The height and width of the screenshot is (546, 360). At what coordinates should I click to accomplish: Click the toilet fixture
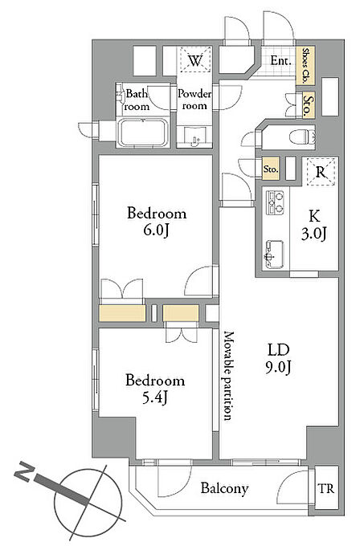[x=302, y=136]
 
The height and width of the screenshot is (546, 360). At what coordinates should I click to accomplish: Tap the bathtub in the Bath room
[x=143, y=132]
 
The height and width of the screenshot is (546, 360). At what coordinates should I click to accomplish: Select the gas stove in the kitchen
[x=276, y=202]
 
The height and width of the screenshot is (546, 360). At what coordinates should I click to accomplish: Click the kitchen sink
[x=275, y=255]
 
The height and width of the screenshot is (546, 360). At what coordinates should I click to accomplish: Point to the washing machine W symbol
[x=195, y=60]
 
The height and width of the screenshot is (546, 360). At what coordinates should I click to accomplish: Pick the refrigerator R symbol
[x=321, y=172]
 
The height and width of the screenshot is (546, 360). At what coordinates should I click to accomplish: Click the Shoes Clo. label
[x=305, y=66]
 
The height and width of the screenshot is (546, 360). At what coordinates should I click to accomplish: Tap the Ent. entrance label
[x=280, y=61]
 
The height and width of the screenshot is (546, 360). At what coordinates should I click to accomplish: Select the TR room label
[x=325, y=488]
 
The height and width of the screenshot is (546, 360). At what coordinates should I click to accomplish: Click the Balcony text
[x=224, y=488]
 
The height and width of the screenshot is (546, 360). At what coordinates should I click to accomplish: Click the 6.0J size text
[x=157, y=230]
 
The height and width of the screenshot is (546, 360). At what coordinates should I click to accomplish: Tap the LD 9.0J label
[x=279, y=358]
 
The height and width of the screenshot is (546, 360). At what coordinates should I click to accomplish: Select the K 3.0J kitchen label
[x=314, y=225]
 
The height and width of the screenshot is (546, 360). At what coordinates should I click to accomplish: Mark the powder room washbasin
[x=194, y=136]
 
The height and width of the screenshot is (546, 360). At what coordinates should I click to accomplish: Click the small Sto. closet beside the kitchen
[x=271, y=169]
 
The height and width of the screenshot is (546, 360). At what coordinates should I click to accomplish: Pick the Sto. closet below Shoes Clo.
[x=308, y=105]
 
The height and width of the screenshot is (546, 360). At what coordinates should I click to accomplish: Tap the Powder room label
[x=194, y=100]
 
